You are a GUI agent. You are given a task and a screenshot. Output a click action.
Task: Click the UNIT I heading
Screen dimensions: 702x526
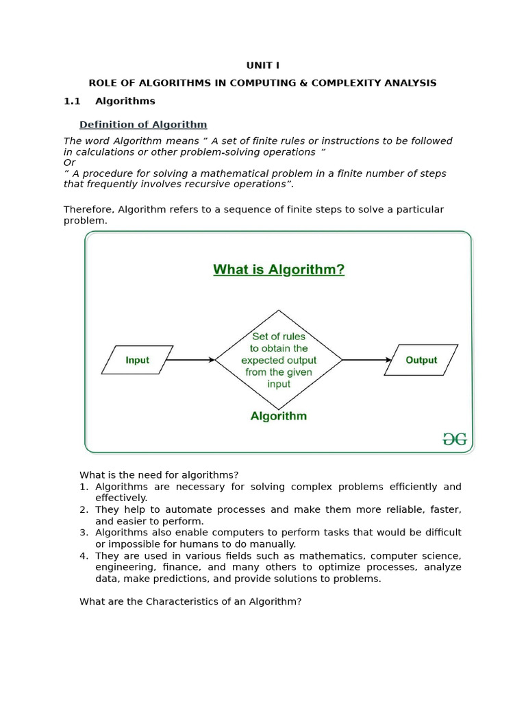pos(262,66)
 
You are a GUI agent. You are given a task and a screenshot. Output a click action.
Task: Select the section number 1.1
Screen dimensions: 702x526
pos(72,101)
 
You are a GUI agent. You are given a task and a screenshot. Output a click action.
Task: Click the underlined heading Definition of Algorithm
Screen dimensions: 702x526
pos(143,125)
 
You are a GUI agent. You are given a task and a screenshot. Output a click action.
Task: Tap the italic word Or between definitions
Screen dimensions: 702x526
pos(69,163)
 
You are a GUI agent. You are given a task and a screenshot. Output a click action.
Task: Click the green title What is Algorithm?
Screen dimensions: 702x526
pos(279,270)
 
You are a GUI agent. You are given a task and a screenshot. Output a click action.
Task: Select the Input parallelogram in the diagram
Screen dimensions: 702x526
pos(137,360)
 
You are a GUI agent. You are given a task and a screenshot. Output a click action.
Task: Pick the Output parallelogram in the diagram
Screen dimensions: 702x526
pos(421,360)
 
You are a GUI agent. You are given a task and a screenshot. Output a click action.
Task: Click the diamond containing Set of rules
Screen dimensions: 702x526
pos(279,360)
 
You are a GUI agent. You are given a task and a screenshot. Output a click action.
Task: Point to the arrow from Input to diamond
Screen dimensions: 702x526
pos(190,360)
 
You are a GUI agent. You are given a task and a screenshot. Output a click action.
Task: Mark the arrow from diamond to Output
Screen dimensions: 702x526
pos(367,360)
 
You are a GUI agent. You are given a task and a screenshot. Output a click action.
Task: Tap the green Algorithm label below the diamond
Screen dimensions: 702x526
pos(279,416)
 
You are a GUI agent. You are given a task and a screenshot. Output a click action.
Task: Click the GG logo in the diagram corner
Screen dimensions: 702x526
pos(454,439)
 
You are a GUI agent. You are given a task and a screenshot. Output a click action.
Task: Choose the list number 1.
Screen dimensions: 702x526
pos(84,487)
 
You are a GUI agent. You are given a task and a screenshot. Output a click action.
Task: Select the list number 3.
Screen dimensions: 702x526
pos(84,533)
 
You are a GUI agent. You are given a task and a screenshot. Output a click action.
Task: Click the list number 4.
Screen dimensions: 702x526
pos(84,556)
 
